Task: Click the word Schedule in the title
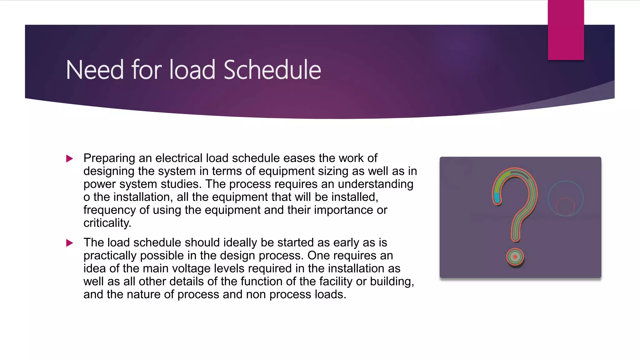[x=272, y=70]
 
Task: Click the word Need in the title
[x=95, y=70]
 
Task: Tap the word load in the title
[x=192, y=70]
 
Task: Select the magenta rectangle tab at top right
[x=566, y=30]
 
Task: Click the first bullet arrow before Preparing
[x=70, y=159]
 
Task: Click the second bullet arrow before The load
[x=70, y=243]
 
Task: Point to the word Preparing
[x=109, y=158]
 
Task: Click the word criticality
[x=107, y=223]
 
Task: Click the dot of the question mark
[x=515, y=257]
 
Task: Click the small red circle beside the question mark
[x=565, y=206]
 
